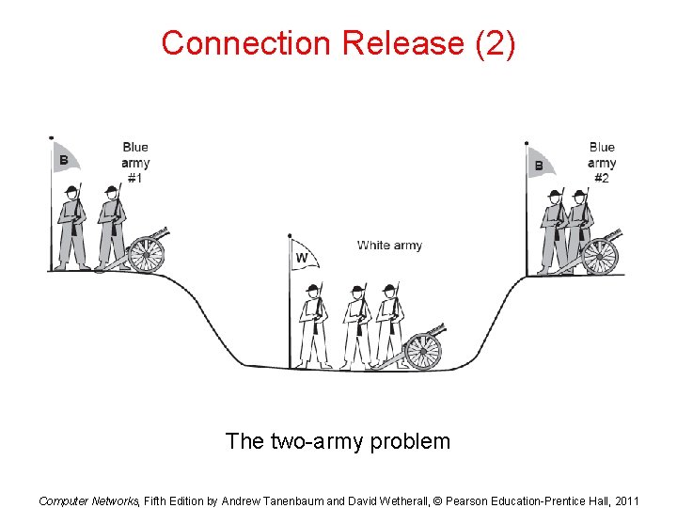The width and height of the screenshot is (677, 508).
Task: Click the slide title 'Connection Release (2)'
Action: [338, 43]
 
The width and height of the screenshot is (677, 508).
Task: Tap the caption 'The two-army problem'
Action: [338, 440]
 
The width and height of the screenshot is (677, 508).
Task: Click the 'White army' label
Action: [389, 246]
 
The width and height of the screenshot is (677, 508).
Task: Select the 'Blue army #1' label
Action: [135, 162]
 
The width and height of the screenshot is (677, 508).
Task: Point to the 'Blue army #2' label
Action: [602, 162]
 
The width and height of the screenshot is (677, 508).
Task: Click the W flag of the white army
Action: [304, 255]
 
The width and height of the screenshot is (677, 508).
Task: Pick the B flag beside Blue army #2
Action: [541, 164]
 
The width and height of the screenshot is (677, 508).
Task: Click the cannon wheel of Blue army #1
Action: [146, 252]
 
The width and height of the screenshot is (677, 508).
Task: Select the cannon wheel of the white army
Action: [423, 351]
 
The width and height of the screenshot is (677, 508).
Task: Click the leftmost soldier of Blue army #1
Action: [71, 226]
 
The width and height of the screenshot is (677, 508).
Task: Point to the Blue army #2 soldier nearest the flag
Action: [553, 229]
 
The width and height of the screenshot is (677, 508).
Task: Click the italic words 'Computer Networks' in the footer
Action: [88, 500]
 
